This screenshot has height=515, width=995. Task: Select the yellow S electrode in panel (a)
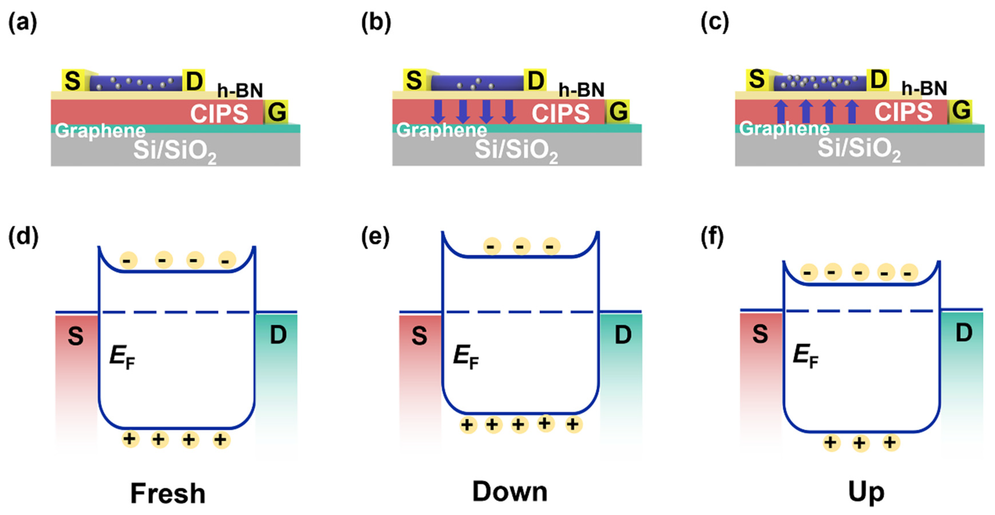tap(73, 81)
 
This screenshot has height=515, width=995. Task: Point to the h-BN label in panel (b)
tap(581, 90)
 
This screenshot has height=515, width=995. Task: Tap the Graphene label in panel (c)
tap(784, 129)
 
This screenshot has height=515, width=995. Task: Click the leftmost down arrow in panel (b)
tap(439, 111)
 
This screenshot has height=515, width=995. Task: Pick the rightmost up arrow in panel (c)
tap(852, 111)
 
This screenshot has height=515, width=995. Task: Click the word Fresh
tap(168, 493)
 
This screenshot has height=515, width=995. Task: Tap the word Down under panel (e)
tap(510, 491)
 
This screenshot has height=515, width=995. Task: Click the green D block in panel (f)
tap(962, 367)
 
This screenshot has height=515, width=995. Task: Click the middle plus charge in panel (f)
tap(861, 443)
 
